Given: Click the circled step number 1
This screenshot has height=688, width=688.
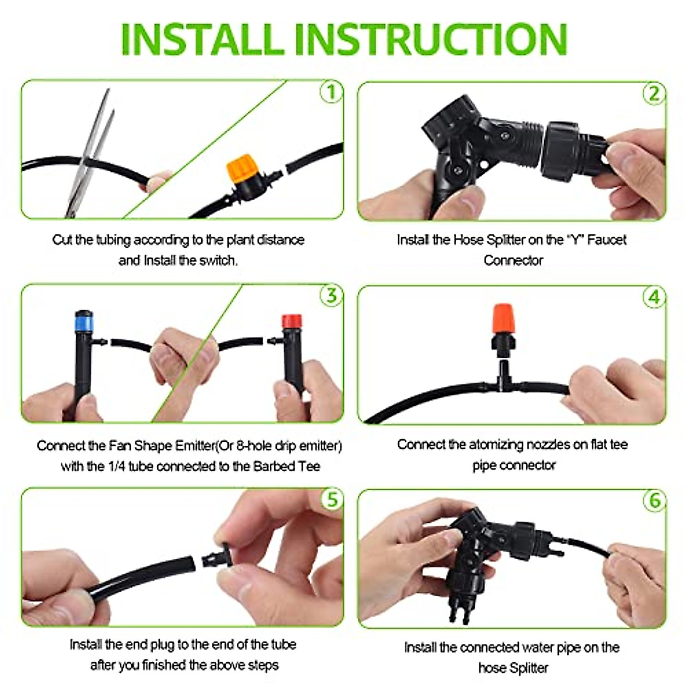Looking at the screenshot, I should [331, 92].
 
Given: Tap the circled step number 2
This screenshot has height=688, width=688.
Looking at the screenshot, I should [654, 93].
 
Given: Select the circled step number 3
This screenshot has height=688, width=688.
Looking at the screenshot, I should [331, 296].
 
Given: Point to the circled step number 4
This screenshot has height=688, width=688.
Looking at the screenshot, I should [654, 298].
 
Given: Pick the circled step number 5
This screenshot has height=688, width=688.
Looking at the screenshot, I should [332, 499].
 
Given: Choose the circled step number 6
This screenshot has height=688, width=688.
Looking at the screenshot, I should [654, 501].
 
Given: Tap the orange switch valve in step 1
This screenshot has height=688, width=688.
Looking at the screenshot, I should [240, 168].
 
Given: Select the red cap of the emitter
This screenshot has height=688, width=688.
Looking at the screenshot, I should [292, 320].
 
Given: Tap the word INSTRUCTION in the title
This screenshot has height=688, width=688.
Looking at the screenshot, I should [434, 39].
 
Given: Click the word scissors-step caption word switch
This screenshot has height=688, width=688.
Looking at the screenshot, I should [217, 260].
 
